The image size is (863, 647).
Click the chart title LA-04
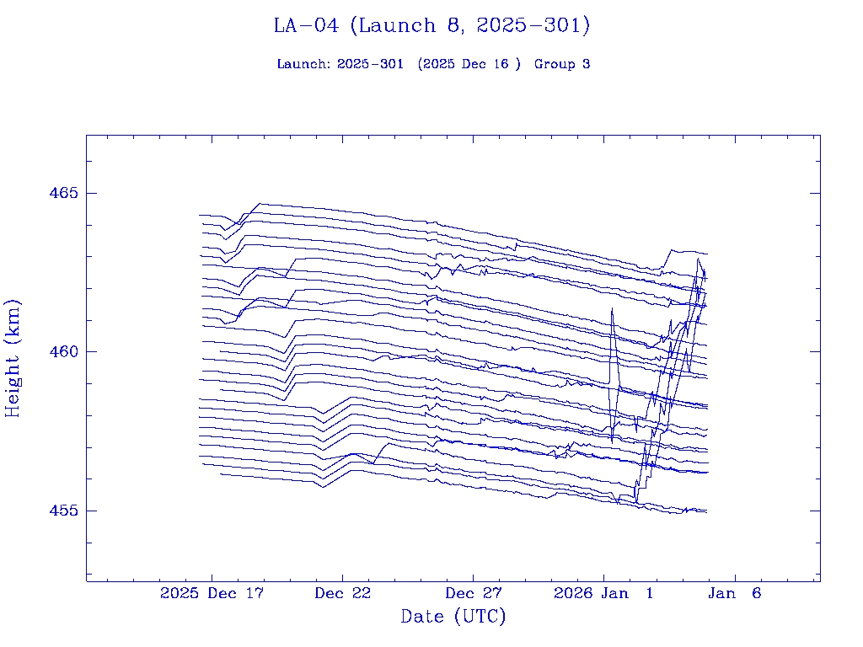(306, 26)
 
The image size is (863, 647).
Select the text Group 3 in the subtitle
(562, 64)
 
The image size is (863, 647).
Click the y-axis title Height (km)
(13, 358)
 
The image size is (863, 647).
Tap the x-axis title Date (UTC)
(453, 617)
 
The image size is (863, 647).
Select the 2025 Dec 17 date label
(212, 593)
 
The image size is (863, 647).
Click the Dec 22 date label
(343, 593)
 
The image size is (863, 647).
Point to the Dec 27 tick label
(474, 593)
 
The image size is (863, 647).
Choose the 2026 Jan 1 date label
(603, 593)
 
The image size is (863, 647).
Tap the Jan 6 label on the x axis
(735, 593)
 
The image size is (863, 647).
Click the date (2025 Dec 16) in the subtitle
(469, 64)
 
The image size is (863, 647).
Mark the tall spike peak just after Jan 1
(612, 309)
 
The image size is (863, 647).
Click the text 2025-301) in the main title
(533, 26)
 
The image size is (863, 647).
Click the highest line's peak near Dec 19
(260, 203)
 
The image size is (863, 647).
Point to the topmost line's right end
(707, 254)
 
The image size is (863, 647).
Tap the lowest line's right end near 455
(706, 512)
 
